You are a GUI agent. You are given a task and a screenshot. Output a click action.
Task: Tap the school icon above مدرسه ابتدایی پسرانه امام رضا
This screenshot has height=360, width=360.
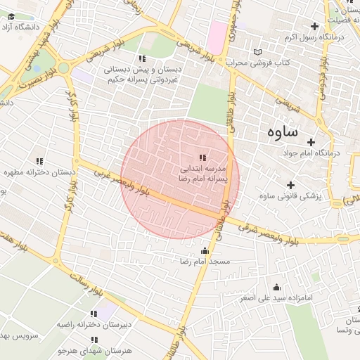(202, 157)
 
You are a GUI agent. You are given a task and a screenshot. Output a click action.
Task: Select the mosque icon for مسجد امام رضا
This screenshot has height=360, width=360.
(205, 251)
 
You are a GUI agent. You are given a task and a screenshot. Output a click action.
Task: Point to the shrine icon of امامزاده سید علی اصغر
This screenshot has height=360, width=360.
(276, 288)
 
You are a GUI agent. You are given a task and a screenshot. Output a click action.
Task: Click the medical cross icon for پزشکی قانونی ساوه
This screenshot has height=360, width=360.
(290, 185)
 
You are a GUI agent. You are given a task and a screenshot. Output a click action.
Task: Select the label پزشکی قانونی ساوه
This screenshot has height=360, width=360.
(290, 195)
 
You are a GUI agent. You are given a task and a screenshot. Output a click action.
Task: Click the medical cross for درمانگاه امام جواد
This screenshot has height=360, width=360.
(311, 142)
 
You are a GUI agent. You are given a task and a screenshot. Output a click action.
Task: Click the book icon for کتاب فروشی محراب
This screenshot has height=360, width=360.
(258, 52)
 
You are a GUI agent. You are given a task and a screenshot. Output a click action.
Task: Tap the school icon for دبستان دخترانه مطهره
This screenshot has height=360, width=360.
(39, 161)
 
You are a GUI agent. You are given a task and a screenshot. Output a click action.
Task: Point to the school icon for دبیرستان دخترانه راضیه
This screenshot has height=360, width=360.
(94, 314)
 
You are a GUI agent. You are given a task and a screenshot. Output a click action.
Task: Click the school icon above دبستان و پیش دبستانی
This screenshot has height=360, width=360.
(143, 58)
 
